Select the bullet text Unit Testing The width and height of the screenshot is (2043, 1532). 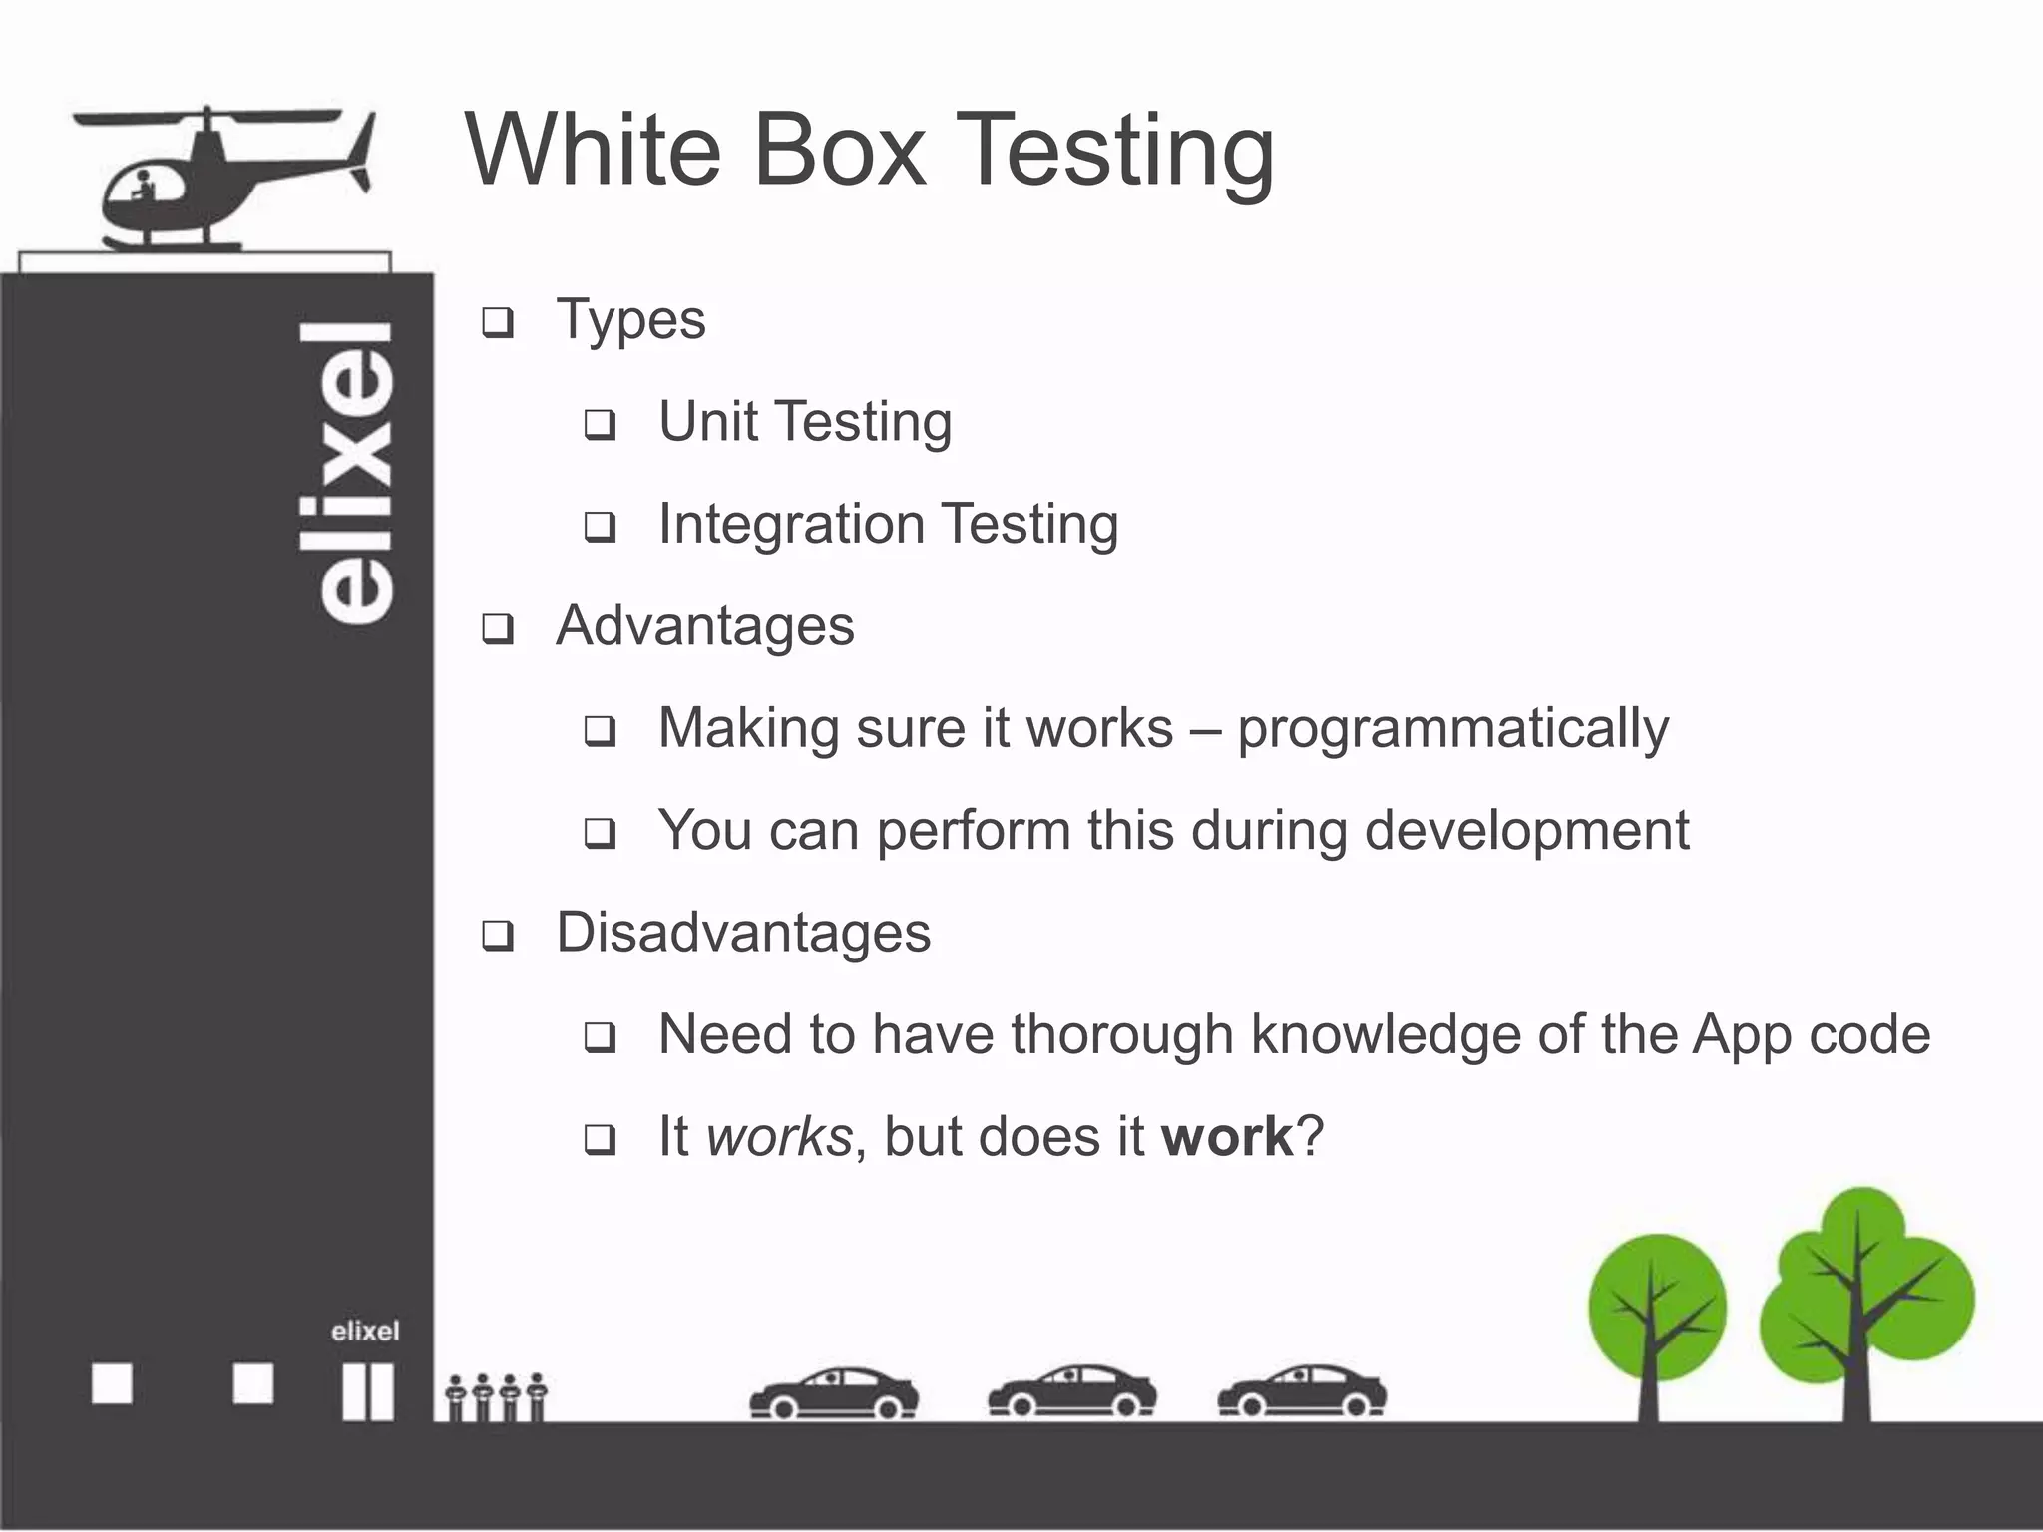tap(804, 421)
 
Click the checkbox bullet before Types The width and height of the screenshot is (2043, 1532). tap(497, 323)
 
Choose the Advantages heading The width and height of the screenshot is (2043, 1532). tap(704, 626)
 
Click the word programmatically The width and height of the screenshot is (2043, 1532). tap(1452, 729)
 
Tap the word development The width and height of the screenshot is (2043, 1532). tap(1526, 830)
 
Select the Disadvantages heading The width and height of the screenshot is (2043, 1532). tap(742, 933)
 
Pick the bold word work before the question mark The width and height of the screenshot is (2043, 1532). tap(1227, 1137)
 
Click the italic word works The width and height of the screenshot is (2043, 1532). tap(779, 1137)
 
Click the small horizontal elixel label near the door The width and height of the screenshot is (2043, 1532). tap(365, 1331)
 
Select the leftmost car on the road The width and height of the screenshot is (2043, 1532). tap(833, 1393)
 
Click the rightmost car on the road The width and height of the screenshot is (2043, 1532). tap(1301, 1392)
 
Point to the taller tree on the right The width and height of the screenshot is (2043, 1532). tap(1863, 1297)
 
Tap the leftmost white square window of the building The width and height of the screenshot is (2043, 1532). tap(112, 1384)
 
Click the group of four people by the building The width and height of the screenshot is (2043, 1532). tap(496, 1397)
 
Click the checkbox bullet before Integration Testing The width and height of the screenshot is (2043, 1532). tap(600, 527)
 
